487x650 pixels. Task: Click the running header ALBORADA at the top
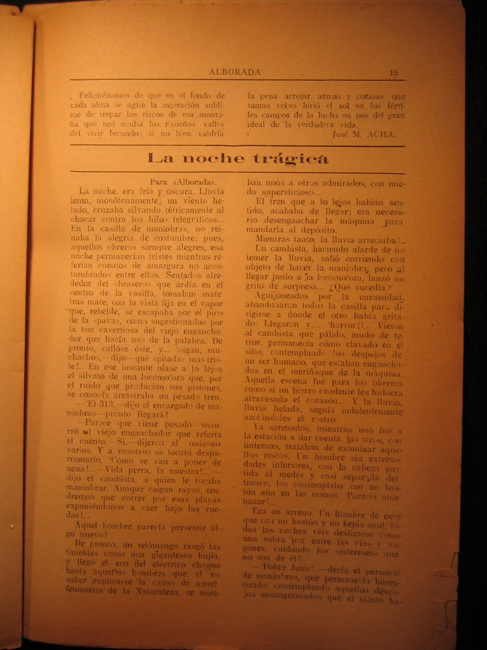pos(235,72)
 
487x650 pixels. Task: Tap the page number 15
pos(394,72)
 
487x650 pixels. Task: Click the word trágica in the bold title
pos(290,159)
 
